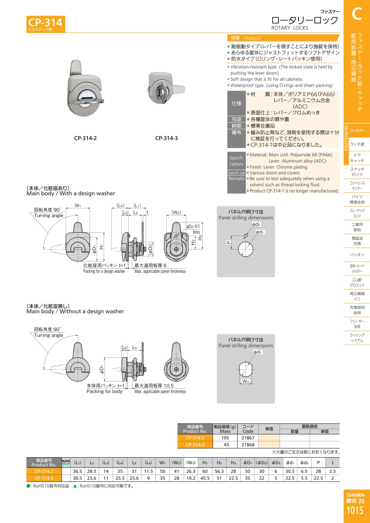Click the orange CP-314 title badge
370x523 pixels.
point(45,23)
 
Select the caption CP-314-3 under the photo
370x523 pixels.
point(166,138)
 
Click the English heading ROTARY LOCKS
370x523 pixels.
point(289,28)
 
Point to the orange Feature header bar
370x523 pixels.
point(284,38)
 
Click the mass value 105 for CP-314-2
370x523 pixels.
point(225,438)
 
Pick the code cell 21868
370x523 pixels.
point(248,444)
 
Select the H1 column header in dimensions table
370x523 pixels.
point(205,463)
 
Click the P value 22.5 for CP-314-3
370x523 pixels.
point(318,478)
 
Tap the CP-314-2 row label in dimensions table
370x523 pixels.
point(44,471)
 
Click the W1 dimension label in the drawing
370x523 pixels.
point(77,206)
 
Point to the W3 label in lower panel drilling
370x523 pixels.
point(245,382)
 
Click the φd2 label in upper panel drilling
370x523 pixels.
point(256,224)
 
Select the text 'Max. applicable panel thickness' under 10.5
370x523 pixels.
point(160,391)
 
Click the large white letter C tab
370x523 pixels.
point(356,14)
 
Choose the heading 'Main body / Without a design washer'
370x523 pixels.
point(75,311)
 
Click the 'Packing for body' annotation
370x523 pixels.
point(104,391)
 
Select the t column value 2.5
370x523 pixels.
point(332,471)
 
